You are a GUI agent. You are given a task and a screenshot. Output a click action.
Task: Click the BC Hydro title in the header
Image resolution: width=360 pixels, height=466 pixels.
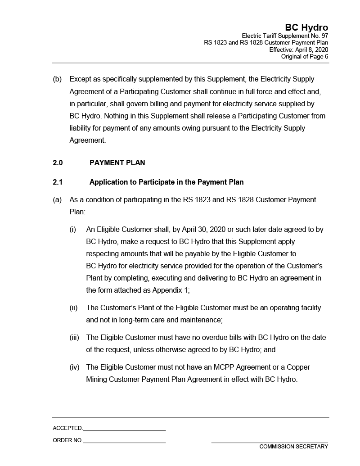click(x=306, y=27)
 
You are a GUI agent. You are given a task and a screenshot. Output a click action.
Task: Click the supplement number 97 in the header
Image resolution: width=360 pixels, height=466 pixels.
click(x=324, y=36)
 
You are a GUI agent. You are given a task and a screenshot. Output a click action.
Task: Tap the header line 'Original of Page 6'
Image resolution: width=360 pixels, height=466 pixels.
click(x=304, y=57)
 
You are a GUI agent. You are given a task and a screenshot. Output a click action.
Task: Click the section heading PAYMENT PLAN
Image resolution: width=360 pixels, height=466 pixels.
click(x=117, y=163)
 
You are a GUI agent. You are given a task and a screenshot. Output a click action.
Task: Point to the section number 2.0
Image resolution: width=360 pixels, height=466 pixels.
click(x=58, y=163)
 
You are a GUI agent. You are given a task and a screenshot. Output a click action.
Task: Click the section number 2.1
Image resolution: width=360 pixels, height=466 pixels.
click(x=58, y=182)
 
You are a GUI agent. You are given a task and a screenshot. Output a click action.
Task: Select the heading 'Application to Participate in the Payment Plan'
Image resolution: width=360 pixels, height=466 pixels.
click(x=166, y=182)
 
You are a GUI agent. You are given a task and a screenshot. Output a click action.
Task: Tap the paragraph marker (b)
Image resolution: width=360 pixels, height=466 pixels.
click(x=57, y=79)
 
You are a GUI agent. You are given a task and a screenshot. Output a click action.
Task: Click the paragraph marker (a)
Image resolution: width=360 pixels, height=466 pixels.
click(x=57, y=199)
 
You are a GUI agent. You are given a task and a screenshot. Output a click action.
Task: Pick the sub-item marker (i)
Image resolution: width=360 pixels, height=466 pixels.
click(x=72, y=229)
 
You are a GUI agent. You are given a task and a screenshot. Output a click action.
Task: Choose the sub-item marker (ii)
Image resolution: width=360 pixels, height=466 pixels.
click(x=73, y=308)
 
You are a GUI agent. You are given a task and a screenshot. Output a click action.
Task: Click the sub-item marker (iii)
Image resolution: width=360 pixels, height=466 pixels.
click(x=74, y=337)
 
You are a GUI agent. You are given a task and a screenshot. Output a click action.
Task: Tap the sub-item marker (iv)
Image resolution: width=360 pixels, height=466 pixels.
click(x=74, y=367)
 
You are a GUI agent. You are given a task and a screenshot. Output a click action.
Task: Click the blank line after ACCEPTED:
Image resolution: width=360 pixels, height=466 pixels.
click(x=124, y=429)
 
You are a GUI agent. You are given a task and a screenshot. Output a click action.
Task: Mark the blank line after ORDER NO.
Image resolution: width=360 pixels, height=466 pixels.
click(x=124, y=441)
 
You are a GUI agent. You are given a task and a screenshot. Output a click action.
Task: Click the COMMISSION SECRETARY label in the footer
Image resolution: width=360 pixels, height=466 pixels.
click(x=293, y=447)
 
